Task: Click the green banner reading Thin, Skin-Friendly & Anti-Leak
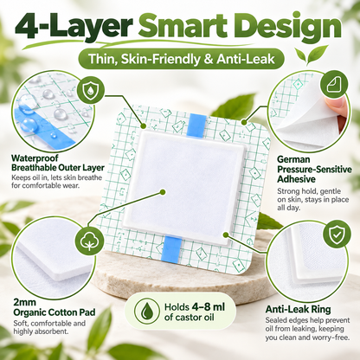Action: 182,59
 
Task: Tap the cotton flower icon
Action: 89,240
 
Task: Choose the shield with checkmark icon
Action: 336,234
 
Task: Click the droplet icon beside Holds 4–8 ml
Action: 147,311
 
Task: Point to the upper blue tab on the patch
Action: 196,126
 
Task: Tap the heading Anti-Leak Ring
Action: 298,309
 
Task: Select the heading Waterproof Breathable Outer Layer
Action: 58,163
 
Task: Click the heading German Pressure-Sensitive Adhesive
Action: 314,169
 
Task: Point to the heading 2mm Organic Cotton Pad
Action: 55,307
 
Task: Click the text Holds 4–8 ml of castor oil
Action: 195,312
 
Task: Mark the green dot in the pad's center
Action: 163,192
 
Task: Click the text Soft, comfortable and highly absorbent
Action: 49,327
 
